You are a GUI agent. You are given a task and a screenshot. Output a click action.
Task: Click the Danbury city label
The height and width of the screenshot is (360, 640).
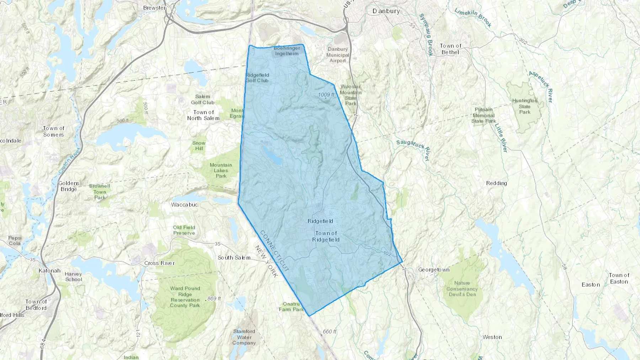386,11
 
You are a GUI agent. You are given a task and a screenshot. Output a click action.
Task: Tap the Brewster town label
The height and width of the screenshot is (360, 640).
154,7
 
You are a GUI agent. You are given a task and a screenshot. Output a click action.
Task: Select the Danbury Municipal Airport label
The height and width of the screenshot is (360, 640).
337,55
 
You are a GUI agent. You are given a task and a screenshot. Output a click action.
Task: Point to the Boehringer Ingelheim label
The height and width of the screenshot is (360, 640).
287,51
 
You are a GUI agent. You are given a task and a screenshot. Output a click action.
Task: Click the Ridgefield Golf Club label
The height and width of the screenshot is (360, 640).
257,78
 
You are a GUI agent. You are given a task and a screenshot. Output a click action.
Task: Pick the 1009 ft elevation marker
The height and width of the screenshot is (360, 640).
326,95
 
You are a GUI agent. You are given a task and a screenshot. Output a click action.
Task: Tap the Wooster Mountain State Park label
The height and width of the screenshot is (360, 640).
351,95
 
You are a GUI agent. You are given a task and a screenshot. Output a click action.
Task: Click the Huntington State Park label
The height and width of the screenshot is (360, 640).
525,106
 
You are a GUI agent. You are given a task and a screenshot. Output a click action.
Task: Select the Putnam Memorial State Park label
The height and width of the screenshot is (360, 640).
484,115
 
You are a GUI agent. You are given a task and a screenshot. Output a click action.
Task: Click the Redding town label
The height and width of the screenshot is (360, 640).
496,183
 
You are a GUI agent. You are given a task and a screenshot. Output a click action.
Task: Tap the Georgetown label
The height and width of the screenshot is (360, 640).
434,270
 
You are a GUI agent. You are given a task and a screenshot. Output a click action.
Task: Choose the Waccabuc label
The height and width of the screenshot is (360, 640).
184,205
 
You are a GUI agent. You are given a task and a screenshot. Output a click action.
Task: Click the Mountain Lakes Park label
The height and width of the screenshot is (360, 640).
221,170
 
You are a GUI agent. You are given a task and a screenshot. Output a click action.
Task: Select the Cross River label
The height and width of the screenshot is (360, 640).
159,263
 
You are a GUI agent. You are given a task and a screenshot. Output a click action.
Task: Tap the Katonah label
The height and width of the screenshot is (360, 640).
49,270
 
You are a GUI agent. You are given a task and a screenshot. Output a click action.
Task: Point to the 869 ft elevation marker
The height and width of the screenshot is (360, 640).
214,299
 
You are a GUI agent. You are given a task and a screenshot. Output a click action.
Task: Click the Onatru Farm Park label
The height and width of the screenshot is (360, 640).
291,307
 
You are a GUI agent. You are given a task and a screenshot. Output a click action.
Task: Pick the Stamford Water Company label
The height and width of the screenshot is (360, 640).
244,337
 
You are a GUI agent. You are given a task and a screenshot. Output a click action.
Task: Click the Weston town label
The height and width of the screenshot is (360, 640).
492,337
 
